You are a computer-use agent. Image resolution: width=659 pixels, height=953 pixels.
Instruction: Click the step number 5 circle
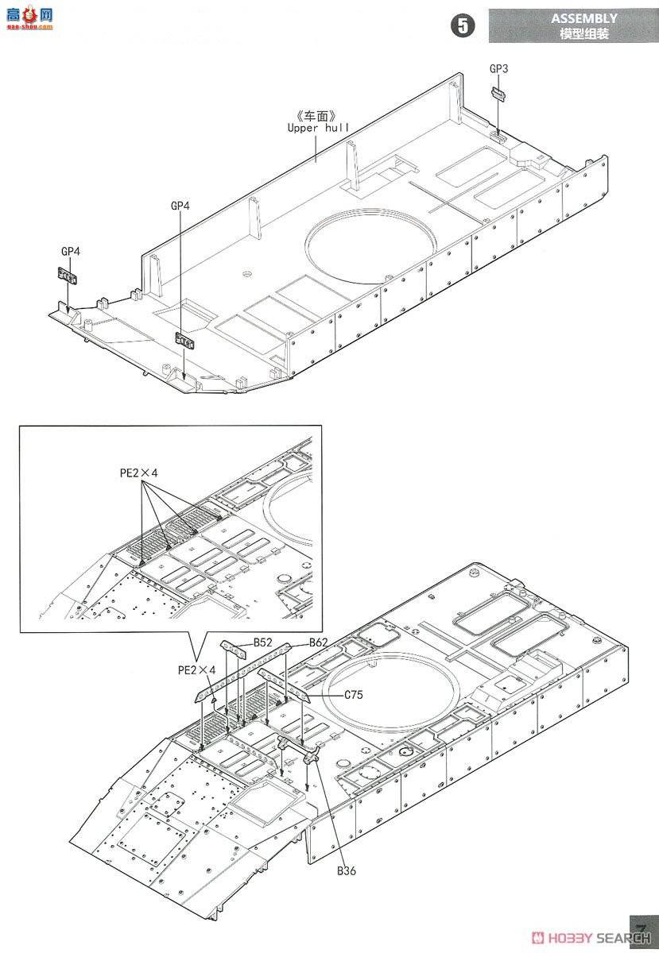coord(462,25)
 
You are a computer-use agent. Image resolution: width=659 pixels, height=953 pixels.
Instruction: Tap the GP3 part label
coord(498,69)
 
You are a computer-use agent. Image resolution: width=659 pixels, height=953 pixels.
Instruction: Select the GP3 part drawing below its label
coord(498,94)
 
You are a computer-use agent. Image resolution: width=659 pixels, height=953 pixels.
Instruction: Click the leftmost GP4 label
coord(70,252)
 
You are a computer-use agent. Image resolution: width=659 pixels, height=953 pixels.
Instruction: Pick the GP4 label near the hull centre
coord(180,206)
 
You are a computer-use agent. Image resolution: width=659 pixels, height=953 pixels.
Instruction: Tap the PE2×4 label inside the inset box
coord(138,473)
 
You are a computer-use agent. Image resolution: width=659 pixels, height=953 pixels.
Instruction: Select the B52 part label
coord(263,642)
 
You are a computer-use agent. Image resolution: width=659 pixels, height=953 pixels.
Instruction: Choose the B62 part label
coord(319,642)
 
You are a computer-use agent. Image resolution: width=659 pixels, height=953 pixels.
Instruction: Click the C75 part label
coord(354,694)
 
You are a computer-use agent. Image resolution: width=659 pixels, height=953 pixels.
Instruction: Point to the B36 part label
coord(347,871)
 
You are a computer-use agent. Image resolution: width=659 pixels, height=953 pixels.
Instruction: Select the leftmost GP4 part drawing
coord(68,277)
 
